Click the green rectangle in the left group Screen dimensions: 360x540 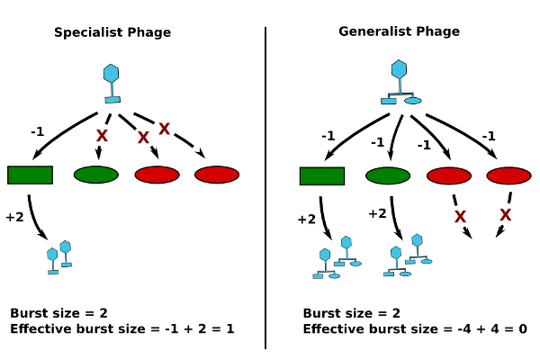[30, 175]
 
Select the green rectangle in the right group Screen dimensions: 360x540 [321, 175]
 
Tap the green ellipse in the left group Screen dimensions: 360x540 [95, 175]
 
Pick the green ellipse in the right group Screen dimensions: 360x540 [388, 175]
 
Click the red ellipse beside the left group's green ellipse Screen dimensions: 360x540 [157, 175]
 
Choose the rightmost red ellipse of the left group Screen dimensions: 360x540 [217, 175]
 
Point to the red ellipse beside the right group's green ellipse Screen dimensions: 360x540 [448, 175]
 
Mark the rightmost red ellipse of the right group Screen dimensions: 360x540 [508, 175]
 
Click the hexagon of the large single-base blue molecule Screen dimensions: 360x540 [111, 74]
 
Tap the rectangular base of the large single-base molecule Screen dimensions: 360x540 [112, 100]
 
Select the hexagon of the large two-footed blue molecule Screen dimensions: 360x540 [399, 69]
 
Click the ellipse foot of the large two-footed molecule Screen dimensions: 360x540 [413, 101]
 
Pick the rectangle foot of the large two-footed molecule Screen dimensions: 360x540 [389, 101]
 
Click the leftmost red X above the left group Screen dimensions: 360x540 [102, 135]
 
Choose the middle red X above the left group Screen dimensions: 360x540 [143, 137]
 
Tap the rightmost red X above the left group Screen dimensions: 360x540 [164, 129]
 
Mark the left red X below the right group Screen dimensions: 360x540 [460, 216]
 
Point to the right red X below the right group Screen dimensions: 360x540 [505, 214]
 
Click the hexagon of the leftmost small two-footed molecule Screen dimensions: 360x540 [325, 255]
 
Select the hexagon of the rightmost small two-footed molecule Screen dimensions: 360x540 [417, 240]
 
